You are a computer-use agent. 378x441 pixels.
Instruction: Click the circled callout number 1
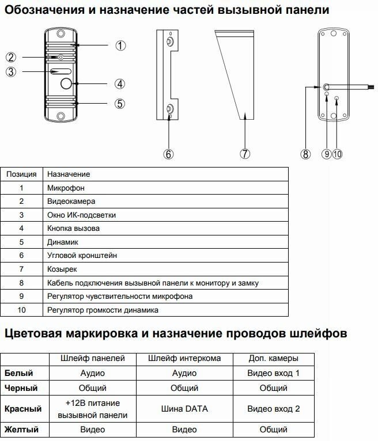pyautogui.click(x=120, y=45)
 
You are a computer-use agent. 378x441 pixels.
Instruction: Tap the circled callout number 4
pyautogui.click(x=119, y=83)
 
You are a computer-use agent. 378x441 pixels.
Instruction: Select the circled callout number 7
pyautogui.click(x=245, y=154)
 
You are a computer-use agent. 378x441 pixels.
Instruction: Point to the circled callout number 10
pyautogui.click(x=337, y=154)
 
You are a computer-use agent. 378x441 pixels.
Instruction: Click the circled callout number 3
pyautogui.click(x=11, y=71)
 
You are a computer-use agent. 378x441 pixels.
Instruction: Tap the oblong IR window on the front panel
pyautogui.click(x=60, y=72)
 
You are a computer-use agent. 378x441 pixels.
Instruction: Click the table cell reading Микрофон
pyautogui.click(x=66, y=188)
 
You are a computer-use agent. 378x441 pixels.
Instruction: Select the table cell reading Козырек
pyautogui.click(x=62, y=269)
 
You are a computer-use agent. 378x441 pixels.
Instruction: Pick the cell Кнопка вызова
pyautogui.click(x=73, y=228)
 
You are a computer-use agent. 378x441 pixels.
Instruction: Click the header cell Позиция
pyautogui.click(x=21, y=174)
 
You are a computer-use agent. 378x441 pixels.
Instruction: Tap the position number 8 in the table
pyautogui.click(x=21, y=283)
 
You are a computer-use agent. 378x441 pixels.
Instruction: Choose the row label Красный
pyautogui.click(x=23, y=409)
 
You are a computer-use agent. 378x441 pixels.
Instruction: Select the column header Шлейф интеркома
pyautogui.click(x=184, y=358)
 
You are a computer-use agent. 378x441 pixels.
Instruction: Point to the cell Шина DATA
pyautogui.click(x=184, y=409)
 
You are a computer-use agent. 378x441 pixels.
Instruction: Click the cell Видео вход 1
pyautogui.click(x=274, y=373)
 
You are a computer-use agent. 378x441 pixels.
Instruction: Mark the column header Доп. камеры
pyautogui.click(x=274, y=358)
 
